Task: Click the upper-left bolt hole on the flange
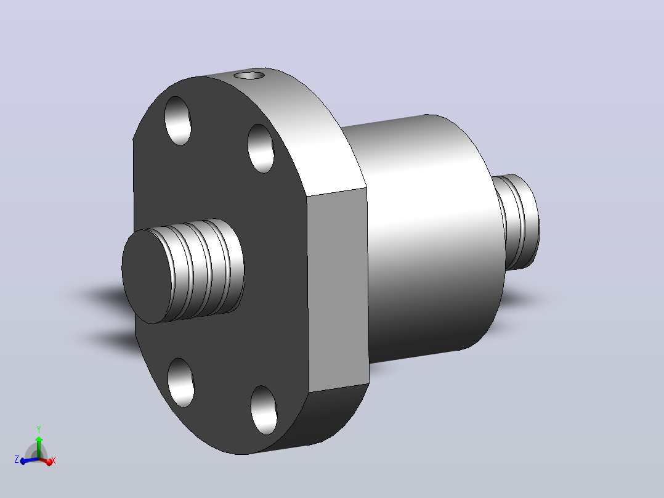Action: pos(178,121)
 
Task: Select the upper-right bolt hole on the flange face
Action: pos(261,149)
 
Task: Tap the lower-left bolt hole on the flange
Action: pos(181,382)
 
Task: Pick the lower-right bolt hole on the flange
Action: pos(264,410)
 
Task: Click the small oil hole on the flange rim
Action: pos(249,75)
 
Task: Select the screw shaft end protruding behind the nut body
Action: pos(517,222)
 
